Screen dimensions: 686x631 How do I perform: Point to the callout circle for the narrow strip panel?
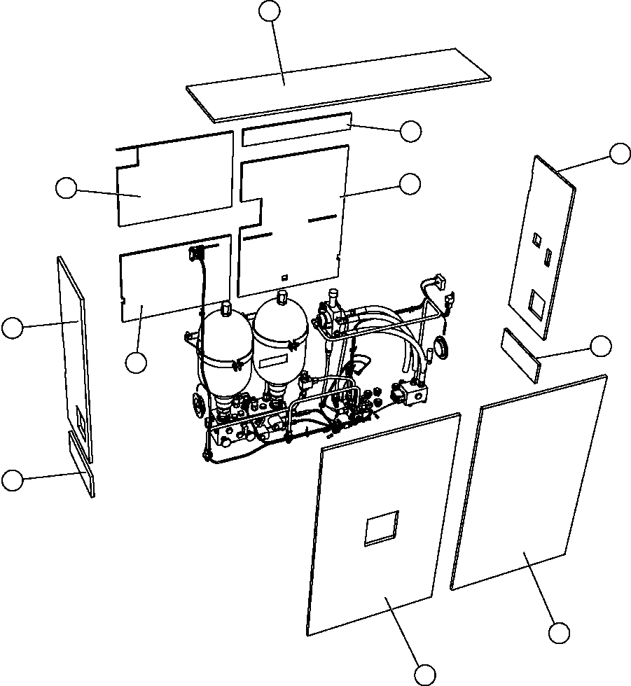(x=410, y=130)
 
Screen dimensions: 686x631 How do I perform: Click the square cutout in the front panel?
(x=382, y=528)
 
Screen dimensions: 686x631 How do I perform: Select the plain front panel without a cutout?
(x=529, y=483)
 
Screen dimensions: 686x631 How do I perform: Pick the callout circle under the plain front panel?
(x=558, y=633)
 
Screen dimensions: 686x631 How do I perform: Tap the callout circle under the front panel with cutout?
(x=424, y=675)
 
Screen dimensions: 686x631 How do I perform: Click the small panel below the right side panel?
(x=522, y=356)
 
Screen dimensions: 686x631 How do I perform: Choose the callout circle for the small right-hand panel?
(x=601, y=346)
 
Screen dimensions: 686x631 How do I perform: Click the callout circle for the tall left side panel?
(x=13, y=328)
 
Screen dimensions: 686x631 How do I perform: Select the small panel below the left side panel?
(x=81, y=463)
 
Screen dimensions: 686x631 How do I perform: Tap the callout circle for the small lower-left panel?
(x=12, y=480)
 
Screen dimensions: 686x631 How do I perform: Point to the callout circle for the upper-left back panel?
(x=66, y=188)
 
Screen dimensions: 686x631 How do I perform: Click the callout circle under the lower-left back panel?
(x=136, y=362)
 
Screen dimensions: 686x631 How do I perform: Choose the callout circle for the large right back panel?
(x=410, y=183)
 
